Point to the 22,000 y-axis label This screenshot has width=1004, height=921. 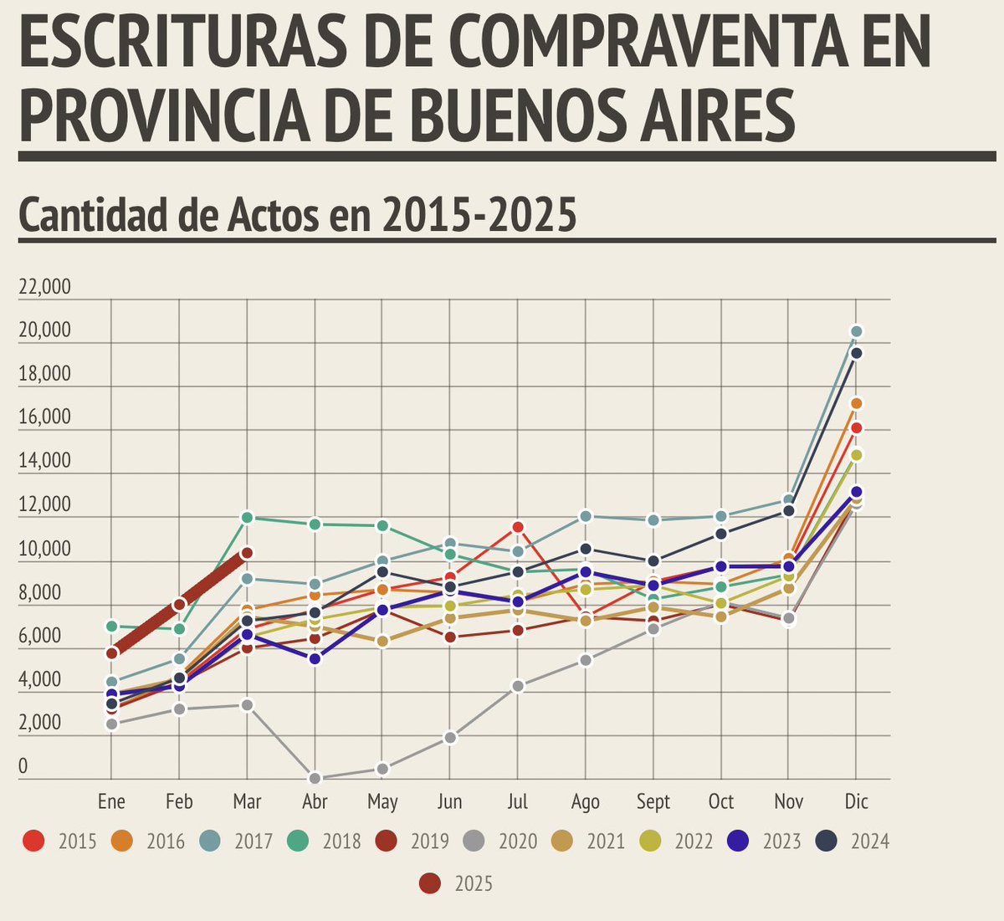[x=44, y=288]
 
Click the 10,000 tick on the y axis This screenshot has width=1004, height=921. [x=44, y=550]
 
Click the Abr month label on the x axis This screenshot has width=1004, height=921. [x=315, y=802]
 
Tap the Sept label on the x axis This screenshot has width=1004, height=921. [x=653, y=802]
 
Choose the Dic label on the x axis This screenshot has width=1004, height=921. [x=856, y=802]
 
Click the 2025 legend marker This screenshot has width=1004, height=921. [x=430, y=883]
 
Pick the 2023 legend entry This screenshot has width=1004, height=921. [x=765, y=841]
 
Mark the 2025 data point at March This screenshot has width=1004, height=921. [x=247, y=553]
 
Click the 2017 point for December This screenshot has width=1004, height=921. [x=856, y=331]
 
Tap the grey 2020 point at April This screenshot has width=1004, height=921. [x=315, y=778]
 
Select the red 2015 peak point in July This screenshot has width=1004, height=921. [x=518, y=527]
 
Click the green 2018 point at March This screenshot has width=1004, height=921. [x=247, y=518]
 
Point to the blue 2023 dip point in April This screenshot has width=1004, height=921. [x=315, y=659]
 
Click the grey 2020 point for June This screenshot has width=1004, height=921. [x=450, y=738]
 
